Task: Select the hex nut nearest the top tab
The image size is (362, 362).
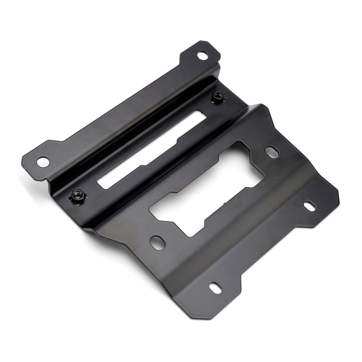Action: pos(216,95)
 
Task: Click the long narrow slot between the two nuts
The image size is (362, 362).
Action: pos(150,145)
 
